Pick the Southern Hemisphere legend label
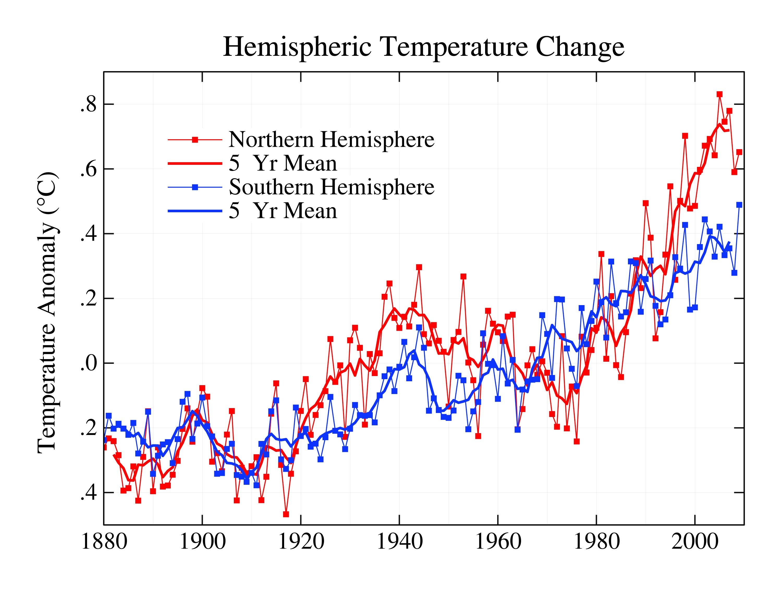[331, 187]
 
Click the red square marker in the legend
[195, 140]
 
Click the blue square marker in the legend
[195, 187]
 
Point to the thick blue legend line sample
[195, 211]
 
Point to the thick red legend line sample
[195, 163]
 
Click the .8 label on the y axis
[88, 105]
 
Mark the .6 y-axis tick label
[88, 170]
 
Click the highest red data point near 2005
[719, 94]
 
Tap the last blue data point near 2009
[739, 205]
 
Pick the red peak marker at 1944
[419, 267]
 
